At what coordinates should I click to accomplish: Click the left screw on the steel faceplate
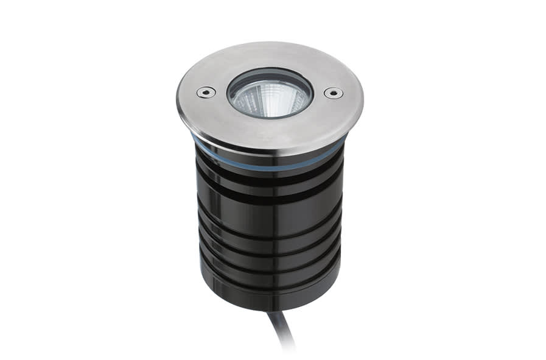click(205, 92)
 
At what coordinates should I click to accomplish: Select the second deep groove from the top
click(268, 194)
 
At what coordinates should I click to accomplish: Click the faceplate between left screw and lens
click(218, 93)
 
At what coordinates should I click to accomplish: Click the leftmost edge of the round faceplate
click(178, 97)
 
